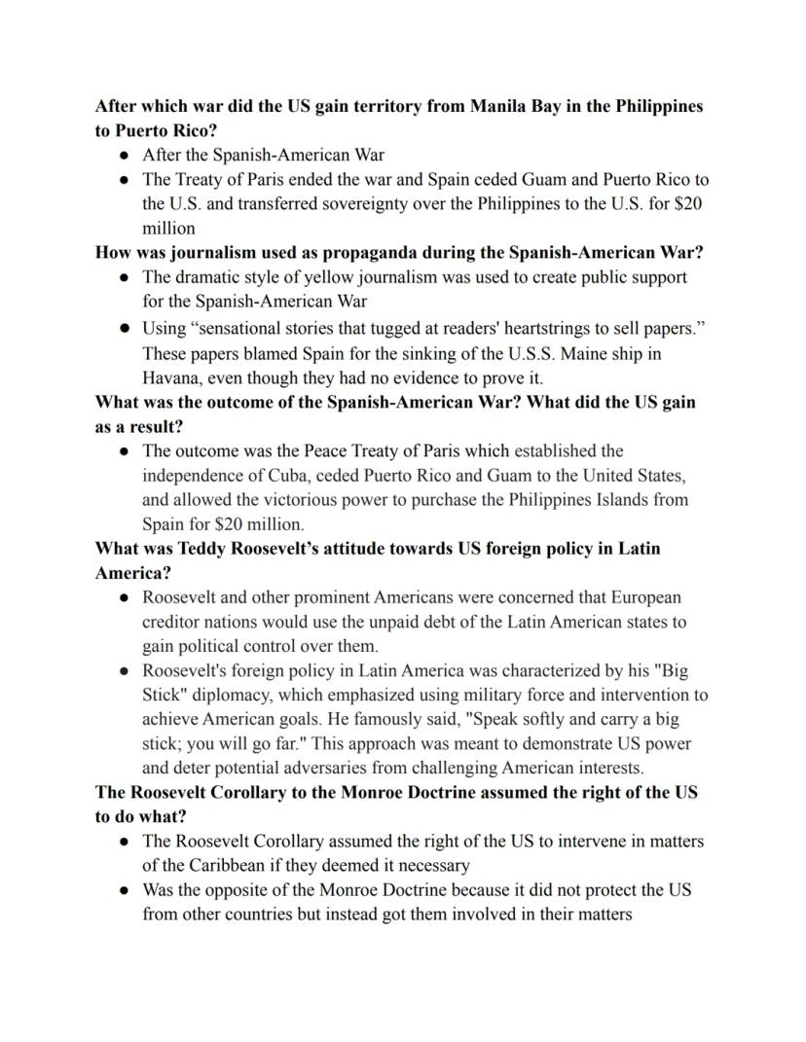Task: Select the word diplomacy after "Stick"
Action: point(231,696)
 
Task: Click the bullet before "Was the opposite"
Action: point(125,890)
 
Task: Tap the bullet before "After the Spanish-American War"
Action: point(125,155)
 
